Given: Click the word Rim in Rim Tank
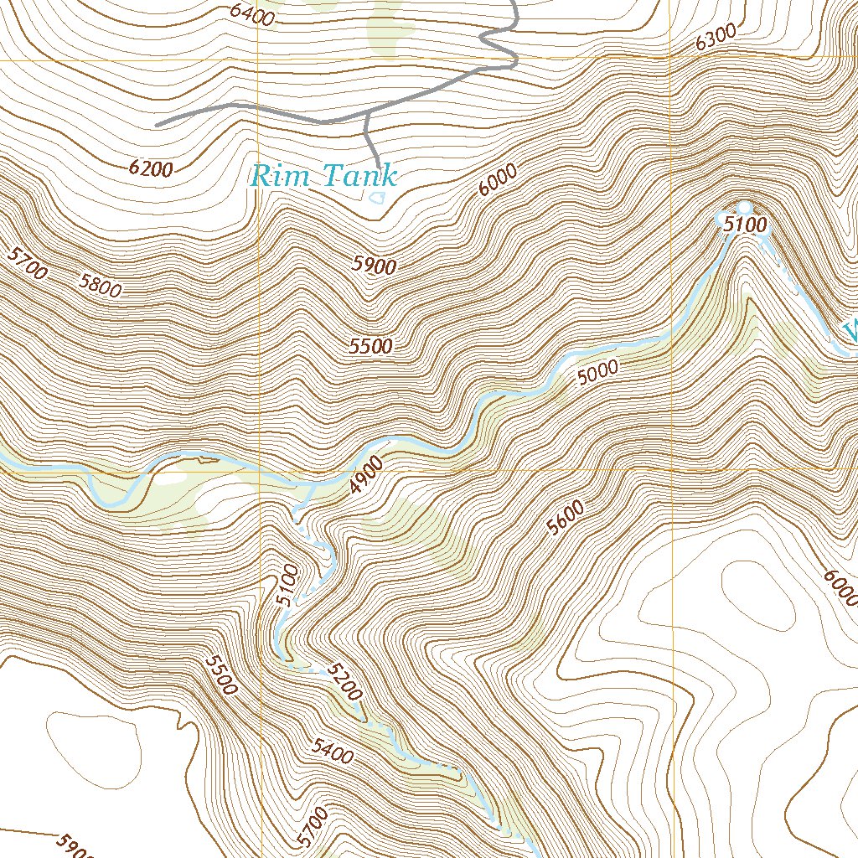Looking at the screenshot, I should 282,176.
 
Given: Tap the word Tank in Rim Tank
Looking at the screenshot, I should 354,176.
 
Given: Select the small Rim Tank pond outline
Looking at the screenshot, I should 377,198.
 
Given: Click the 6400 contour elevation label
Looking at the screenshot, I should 251,14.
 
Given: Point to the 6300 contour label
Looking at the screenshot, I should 716,36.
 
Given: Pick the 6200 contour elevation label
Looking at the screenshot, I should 151,168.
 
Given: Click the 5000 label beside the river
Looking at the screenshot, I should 598,371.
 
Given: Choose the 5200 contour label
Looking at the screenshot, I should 344,681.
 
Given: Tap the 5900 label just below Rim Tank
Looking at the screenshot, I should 374,265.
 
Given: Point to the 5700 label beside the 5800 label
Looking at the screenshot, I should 26,262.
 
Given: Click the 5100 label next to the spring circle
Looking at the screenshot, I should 746,225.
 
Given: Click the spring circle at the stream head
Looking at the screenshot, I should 743,206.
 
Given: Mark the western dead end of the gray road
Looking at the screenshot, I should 158,124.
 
